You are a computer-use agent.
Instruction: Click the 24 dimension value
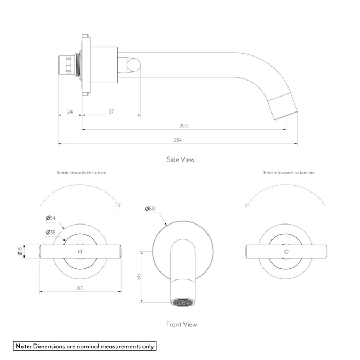(70, 111)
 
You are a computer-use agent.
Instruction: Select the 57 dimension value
(111, 111)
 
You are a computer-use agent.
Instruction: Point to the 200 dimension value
(183, 126)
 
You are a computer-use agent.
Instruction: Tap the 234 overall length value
(178, 140)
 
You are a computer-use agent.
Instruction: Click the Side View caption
(180, 159)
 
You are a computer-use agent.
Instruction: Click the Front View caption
(181, 324)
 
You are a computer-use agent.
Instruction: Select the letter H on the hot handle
(81, 251)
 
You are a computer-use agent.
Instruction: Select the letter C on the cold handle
(286, 251)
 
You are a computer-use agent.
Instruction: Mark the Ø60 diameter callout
(150, 209)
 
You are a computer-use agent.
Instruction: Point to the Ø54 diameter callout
(51, 218)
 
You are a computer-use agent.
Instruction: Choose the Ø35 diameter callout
(51, 232)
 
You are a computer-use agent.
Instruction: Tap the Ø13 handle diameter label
(20, 251)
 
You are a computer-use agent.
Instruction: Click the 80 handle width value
(81, 289)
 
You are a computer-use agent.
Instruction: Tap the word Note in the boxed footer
(23, 346)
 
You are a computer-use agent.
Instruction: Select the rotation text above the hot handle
(81, 173)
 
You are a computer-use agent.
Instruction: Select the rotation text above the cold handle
(289, 173)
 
